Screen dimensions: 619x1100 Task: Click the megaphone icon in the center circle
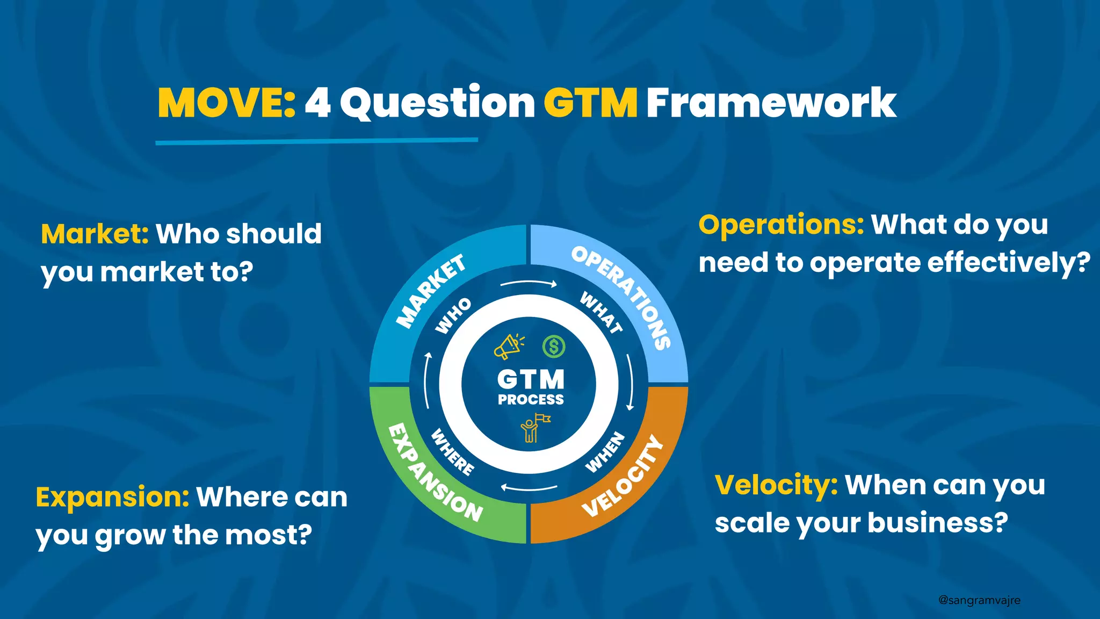pos(508,347)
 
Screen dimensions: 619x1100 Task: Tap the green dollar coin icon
pos(554,347)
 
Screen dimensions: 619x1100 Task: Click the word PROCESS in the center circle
pos(531,400)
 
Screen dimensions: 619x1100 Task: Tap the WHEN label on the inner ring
pos(605,452)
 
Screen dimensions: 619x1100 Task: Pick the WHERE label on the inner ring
pos(453,452)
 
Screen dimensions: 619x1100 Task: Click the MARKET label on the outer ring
pos(430,291)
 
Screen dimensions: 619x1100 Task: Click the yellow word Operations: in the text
pos(781,225)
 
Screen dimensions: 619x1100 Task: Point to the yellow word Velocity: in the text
pos(776,485)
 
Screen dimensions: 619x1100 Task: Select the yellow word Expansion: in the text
pos(112,497)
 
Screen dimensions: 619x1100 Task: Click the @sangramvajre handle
pos(979,600)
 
